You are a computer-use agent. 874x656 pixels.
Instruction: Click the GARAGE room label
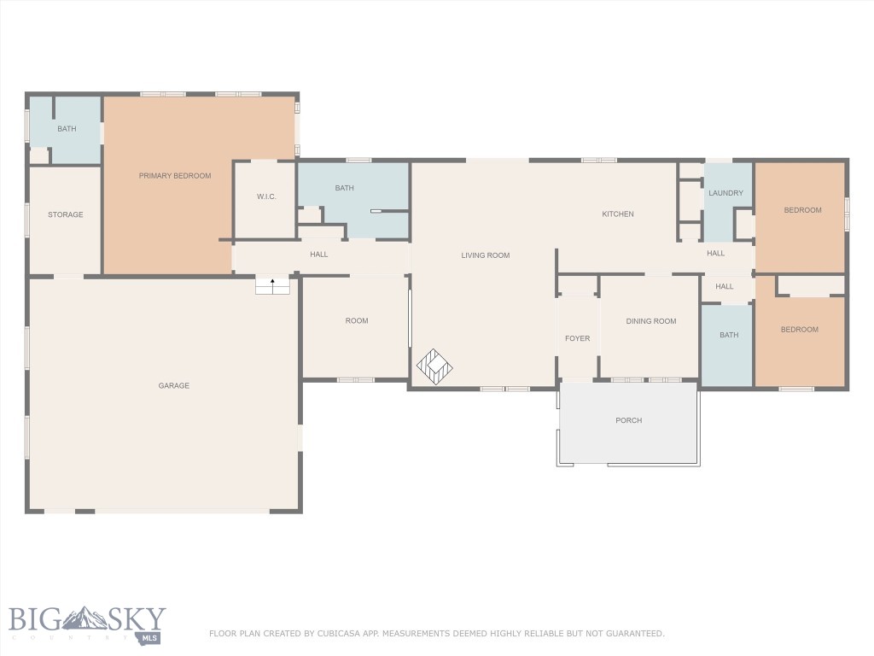click(174, 385)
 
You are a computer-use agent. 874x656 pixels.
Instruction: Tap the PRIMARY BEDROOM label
click(175, 176)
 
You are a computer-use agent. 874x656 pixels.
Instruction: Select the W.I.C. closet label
click(266, 196)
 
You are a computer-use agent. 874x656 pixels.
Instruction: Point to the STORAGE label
click(65, 214)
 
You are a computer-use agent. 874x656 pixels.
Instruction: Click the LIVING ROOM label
click(486, 255)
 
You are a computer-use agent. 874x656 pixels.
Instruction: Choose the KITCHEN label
click(618, 214)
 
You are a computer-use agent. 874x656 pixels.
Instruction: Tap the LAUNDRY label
click(725, 193)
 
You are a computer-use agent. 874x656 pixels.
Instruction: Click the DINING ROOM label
click(651, 321)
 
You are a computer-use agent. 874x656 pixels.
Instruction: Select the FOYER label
click(578, 338)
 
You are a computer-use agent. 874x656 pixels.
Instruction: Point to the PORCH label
click(629, 420)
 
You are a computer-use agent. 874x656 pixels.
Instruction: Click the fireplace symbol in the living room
click(434, 367)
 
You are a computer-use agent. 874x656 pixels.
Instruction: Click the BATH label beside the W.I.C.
click(345, 188)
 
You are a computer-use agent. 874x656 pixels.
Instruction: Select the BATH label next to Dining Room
click(729, 335)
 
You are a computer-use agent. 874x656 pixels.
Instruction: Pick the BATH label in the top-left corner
click(67, 129)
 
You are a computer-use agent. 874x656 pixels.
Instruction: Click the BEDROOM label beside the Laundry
click(802, 210)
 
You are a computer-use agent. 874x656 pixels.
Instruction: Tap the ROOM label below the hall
click(357, 321)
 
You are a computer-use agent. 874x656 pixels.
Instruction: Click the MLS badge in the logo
click(149, 637)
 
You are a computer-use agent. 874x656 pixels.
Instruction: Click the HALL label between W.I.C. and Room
click(319, 255)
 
